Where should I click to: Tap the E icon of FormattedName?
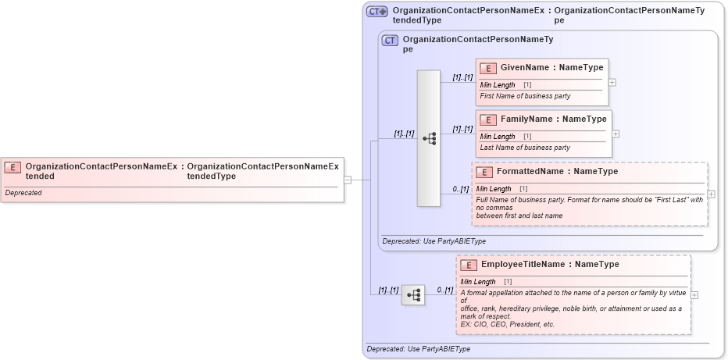point(484,172)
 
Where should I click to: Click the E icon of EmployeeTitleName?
point(469,265)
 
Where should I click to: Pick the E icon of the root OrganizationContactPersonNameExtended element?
point(12,167)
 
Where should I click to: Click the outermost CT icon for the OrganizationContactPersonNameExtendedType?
point(377,12)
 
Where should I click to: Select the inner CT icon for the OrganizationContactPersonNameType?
point(390,40)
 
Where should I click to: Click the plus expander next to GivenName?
point(612,82)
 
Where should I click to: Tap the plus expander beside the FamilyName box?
point(616,134)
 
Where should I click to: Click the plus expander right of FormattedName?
point(711,194)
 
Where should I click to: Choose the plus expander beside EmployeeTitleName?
point(694,294)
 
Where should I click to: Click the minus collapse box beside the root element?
point(348,179)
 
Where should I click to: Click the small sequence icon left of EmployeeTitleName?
point(413,294)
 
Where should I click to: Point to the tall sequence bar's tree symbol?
point(429,138)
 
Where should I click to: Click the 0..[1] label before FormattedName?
point(461,189)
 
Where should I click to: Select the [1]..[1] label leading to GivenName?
point(462,77)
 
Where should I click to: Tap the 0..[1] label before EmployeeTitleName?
point(444,290)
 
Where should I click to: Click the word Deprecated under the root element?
point(23,192)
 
